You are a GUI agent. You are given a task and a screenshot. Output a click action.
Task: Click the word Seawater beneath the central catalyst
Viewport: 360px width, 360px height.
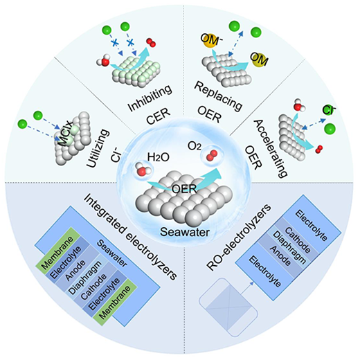(185, 232)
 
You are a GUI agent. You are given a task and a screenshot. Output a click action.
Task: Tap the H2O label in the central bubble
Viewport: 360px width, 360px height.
(159, 157)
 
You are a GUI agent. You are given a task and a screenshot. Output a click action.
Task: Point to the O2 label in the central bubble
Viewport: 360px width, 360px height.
(195, 147)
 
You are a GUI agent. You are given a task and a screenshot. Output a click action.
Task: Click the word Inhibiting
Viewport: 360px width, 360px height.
(150, 98)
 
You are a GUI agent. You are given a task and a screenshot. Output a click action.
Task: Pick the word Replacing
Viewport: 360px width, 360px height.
(218, 96)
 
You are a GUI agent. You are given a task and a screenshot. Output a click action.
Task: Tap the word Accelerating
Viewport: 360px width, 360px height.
(271, 149)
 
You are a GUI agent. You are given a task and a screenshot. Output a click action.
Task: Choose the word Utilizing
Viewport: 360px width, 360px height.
(98, 148)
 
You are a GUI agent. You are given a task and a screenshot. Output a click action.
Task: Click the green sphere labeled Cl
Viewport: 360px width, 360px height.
(330, 109)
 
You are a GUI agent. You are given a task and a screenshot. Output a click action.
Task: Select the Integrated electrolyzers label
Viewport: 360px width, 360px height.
(129, 237)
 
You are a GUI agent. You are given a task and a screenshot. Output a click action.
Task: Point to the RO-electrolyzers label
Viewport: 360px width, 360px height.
(239, 237)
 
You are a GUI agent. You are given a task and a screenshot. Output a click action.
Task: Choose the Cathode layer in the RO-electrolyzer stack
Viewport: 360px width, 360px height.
(298, 240)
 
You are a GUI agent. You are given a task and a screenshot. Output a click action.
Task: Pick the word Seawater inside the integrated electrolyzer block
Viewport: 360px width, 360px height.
(112, 253)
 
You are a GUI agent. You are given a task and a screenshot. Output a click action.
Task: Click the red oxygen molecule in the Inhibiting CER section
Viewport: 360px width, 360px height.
(151, 42)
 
